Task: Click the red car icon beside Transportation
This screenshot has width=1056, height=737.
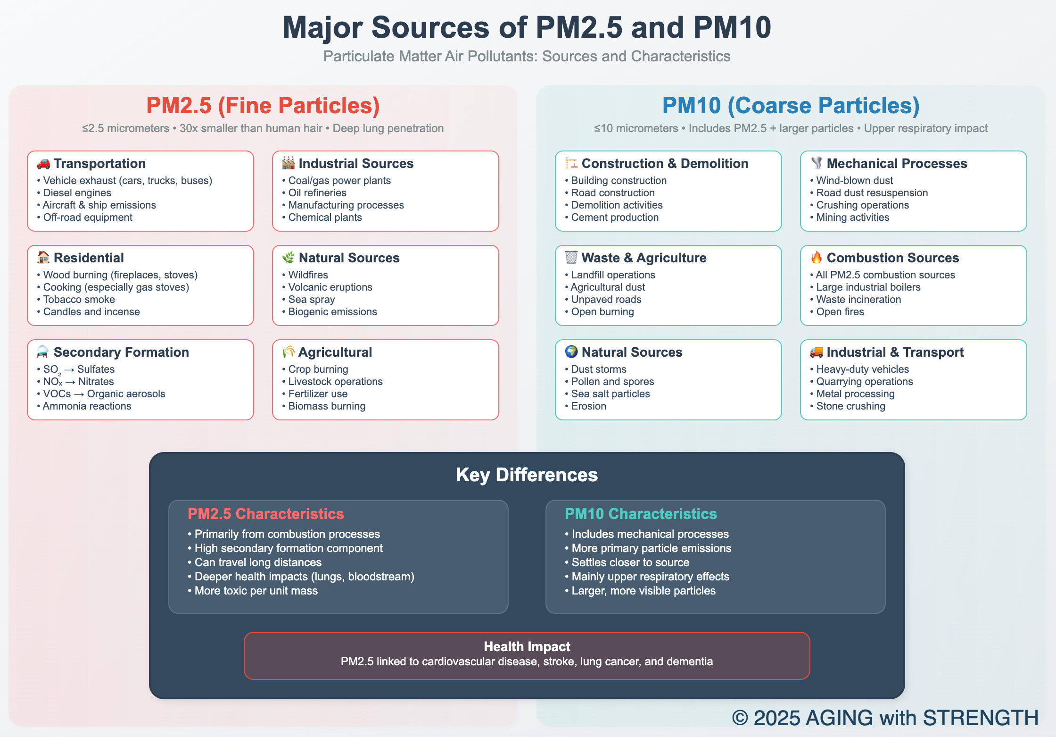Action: [43, 164]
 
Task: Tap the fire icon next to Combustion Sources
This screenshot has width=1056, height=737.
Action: [816, 258]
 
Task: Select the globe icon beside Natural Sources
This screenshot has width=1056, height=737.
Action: [571, 352]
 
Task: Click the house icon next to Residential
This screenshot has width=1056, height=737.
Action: [43, 258]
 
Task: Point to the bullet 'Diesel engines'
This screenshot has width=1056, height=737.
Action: [77, 193]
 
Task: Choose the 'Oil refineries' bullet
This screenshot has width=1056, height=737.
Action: [317, 193]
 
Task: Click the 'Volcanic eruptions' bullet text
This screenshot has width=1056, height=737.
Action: [330, 287]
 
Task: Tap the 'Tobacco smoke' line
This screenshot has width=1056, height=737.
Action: [79, 299]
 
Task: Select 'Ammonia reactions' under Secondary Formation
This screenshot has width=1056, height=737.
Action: [87, 406]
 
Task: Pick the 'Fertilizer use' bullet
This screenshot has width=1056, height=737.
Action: [318, 394]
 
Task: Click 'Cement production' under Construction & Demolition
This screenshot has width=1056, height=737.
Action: [615, 217]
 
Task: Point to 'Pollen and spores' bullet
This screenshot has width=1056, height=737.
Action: [612, 381]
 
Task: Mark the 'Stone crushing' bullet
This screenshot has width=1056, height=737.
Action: [850, 406]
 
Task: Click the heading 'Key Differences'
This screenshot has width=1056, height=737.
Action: [527, 475]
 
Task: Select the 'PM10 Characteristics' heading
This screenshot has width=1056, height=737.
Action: [640, 513]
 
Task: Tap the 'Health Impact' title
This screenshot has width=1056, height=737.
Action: [527, 646]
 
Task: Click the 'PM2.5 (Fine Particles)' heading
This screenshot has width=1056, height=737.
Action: [263, 105]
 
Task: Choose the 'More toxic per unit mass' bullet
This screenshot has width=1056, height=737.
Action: [256, 590]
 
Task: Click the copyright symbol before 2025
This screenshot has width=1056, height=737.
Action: [740, 718]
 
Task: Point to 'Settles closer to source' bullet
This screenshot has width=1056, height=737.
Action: [630, 562]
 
